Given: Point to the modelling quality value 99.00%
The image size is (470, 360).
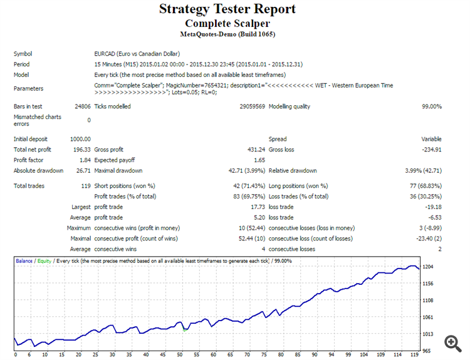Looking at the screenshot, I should point(432,106).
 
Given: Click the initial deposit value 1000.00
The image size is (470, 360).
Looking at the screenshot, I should point(80,139).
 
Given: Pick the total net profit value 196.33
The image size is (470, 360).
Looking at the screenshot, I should point(81,150).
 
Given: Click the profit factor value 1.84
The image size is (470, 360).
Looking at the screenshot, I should point(85,160).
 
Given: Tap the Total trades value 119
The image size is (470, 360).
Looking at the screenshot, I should point(86,186).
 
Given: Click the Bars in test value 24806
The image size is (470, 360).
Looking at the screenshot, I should point(81,106).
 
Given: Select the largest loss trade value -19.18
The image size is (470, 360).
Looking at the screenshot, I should point(432,207).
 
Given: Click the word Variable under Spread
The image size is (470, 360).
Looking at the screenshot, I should point(431,139).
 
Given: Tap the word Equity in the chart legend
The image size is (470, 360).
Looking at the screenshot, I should point(43,260).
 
